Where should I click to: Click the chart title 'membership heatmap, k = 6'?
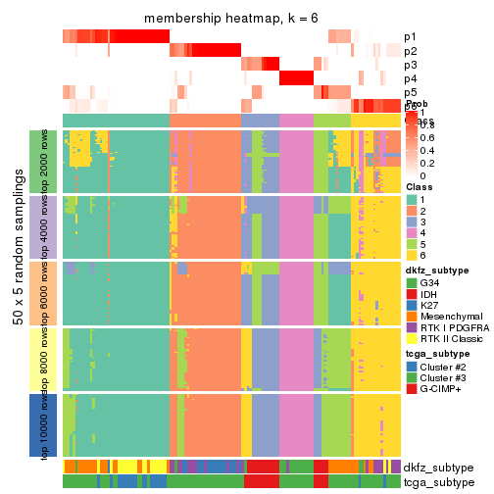232,20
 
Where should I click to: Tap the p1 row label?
410,37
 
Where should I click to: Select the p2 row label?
410,51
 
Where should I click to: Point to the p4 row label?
410,78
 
